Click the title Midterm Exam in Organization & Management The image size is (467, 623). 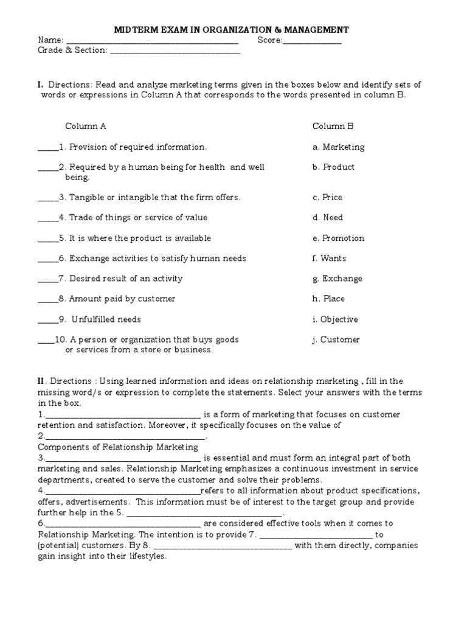tap(232, 29)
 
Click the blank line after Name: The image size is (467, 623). tap(152, 41)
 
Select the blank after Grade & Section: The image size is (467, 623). tap(175, 52)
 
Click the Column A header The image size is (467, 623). tap(86, 127)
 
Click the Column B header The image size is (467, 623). tap(333, 127)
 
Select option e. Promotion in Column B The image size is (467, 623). tap(338, 238)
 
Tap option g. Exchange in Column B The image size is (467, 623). tap(337, 279)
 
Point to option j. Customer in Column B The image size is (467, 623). tap(336, 339)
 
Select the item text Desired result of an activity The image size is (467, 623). tap(126, 279)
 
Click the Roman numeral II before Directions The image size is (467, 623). tap(41, 381)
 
